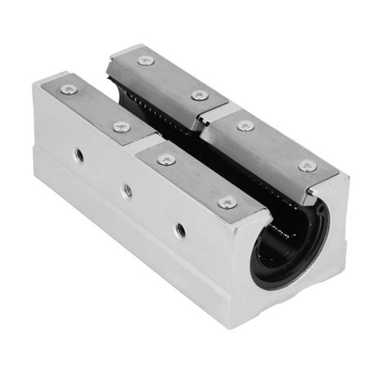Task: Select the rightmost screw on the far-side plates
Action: tap(307, 166)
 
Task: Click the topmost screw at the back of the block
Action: tap(146, 60)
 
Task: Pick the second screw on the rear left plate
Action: tap(122, 126)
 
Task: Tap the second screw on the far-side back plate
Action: tap(200, 95)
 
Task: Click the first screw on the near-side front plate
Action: tap(166, 160)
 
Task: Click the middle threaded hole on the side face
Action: tap(127, 189)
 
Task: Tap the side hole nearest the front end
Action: tap(179, 231)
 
